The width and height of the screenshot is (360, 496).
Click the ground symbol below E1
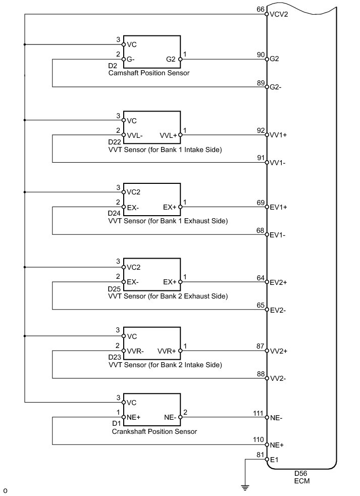(245, 487)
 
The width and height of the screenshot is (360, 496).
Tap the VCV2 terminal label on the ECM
(279, 15)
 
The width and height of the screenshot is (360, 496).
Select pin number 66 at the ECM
(261, 10)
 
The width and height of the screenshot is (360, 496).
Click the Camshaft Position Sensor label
(149, 73)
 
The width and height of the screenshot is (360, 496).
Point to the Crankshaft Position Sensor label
(155, 431)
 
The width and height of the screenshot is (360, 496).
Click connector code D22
(115, 142)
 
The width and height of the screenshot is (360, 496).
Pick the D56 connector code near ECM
(300, 474)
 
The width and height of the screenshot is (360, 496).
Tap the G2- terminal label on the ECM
(275, 87)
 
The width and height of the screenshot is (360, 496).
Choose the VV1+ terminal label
(278, 135)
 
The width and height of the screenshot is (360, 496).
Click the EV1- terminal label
(277, 235)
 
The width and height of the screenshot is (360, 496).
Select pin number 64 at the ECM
(261, 278)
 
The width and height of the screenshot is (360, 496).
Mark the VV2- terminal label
(278, 379)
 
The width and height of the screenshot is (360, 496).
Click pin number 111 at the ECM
(258, 414)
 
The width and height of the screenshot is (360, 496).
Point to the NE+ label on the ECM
(277, 445)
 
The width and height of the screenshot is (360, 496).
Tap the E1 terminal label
(274, 460)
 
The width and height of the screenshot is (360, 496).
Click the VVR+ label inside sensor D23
(167, 351)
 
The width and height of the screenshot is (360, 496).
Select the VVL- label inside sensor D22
(135, 136)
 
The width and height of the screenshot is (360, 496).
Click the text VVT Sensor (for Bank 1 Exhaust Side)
(168, 221)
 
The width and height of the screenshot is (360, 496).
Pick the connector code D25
(114, 289)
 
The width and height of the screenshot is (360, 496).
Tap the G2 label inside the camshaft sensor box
(171, 59)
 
